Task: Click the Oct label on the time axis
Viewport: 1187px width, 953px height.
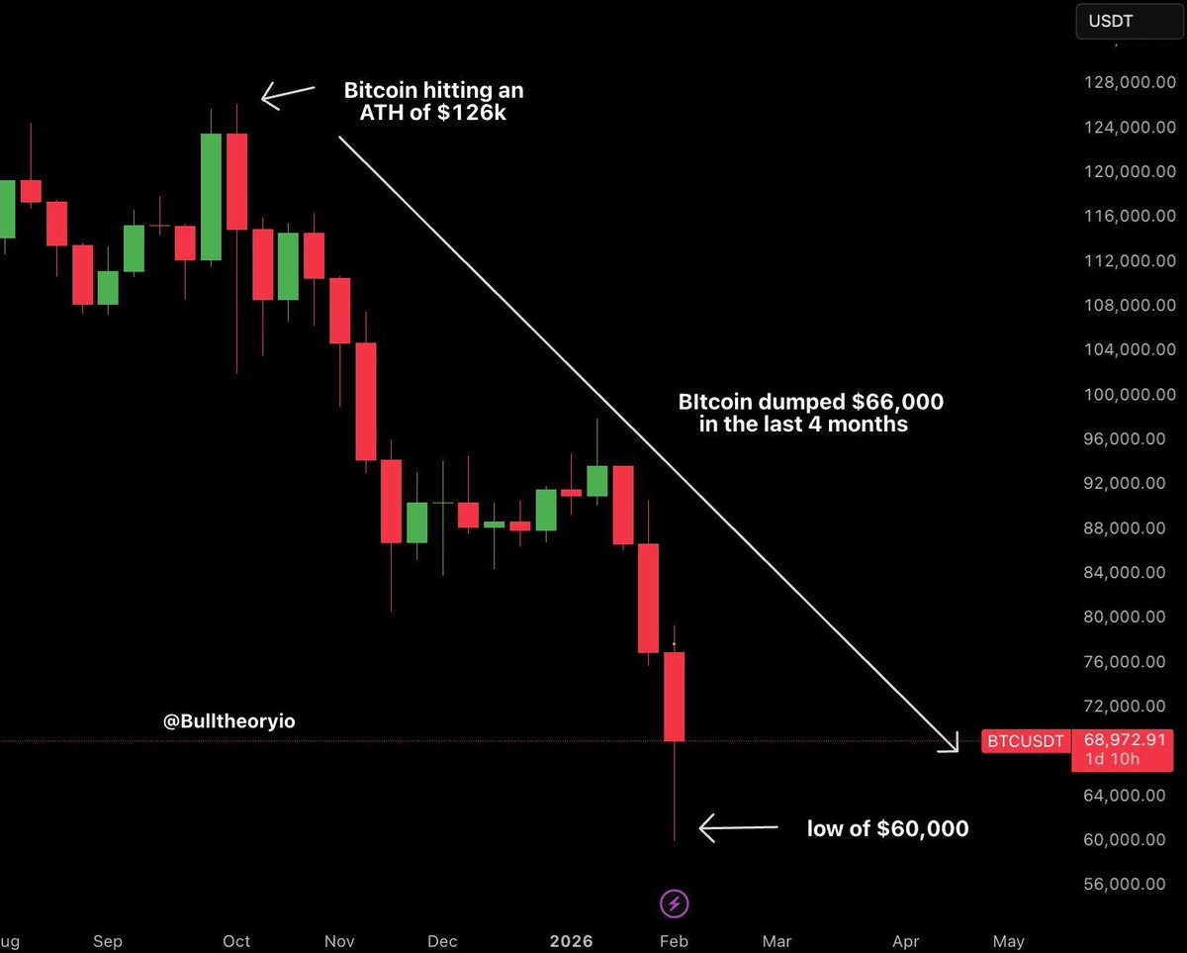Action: (x=236, y=940)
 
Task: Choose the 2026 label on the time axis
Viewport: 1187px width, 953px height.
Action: (x=573, y=940)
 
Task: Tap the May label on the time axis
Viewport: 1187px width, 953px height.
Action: (x=1008, y=940)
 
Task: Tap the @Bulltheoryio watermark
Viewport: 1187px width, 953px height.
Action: (x=229, y=722)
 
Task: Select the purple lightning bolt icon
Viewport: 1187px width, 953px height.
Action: (x=675, y=903)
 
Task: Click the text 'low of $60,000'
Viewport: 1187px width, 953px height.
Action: (x=887, y=828)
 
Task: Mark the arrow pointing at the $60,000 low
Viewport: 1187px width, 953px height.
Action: (x=737, y=827)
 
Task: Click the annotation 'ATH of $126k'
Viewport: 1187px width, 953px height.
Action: (x=433, y=112)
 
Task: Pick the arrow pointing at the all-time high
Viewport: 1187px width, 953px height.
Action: (x=287, y=95)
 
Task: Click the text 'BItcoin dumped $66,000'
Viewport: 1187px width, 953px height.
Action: (x=810, y=403)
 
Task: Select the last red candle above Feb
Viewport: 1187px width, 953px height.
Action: (x=674, y=696)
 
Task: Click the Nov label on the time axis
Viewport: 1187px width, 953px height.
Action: (x=340, y=940)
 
